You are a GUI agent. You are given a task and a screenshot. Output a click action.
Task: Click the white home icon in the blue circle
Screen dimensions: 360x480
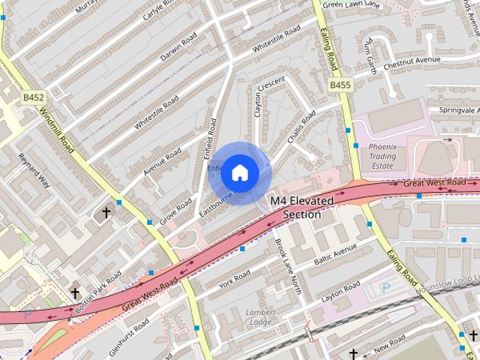pyautogui.click(x=239, y=172)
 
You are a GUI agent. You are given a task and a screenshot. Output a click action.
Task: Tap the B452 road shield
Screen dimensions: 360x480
pyautogui.click(x=33, y=97)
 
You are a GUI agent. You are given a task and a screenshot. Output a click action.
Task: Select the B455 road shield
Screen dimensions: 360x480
pyautogui.click(x=340, y=85)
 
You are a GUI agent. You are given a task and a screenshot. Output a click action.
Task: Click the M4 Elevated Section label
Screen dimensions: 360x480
pyautogui.click(x=295, y=208)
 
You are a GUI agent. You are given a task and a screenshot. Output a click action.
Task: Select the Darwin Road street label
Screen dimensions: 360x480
pyautogui.click(x=179, y=46)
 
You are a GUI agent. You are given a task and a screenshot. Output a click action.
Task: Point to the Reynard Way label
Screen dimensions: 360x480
pyautogui.click(x=33, y=171)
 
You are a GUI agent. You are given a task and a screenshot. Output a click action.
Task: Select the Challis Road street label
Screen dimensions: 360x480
pyautogui.click(x=299, y=129)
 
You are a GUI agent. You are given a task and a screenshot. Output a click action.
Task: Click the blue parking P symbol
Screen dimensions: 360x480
pyautogui.click(x=385, y=288)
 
